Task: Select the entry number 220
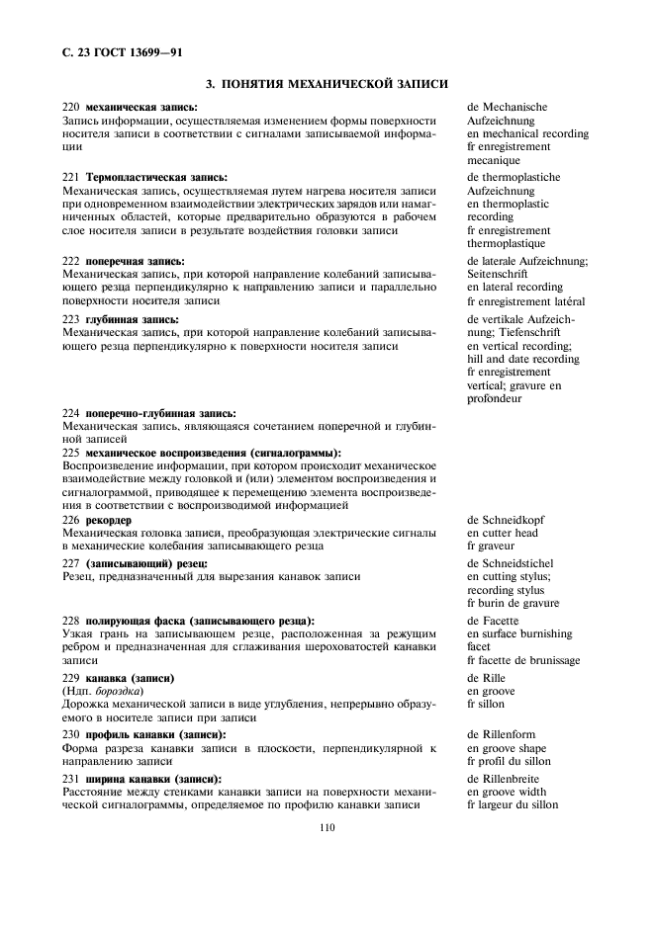click(70, 107)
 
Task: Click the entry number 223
click(70, 320)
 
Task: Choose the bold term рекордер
click(110, 519)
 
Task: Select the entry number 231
click(70, 779)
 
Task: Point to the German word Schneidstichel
click(520, 563)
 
